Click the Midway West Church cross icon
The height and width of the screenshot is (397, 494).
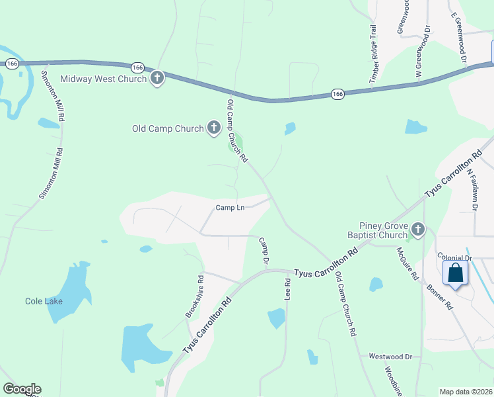157,79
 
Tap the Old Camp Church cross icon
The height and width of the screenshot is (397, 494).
213,128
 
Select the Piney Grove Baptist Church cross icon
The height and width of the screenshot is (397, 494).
417,230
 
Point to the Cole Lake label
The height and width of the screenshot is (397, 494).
44,301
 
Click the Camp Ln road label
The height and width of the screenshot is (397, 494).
230,208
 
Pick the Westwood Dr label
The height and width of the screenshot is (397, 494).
390,357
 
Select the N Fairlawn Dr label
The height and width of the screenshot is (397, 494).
472,189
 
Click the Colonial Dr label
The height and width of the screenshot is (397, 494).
455,258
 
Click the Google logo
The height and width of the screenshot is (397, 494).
22,389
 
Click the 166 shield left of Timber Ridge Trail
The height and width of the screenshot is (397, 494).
337,94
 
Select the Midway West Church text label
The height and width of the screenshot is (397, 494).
103,79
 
